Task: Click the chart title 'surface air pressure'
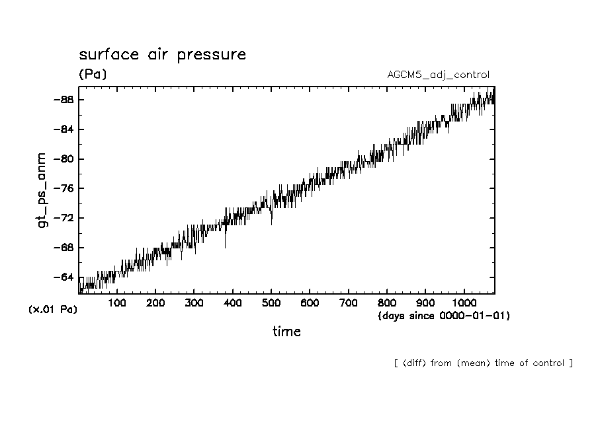162,54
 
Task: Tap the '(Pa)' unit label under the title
92,75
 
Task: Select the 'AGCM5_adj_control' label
438,75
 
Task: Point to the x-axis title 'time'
286,332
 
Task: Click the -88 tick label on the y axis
63,100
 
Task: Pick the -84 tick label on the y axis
63,129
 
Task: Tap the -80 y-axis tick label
63,159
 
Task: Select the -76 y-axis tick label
63,188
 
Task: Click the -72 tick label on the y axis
63,218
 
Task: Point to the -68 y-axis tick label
63,248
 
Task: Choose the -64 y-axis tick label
63,277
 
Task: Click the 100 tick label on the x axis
117,303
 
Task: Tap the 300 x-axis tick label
194,303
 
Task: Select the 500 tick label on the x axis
271,303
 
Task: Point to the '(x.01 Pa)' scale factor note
53,310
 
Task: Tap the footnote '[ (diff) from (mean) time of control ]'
483,363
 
